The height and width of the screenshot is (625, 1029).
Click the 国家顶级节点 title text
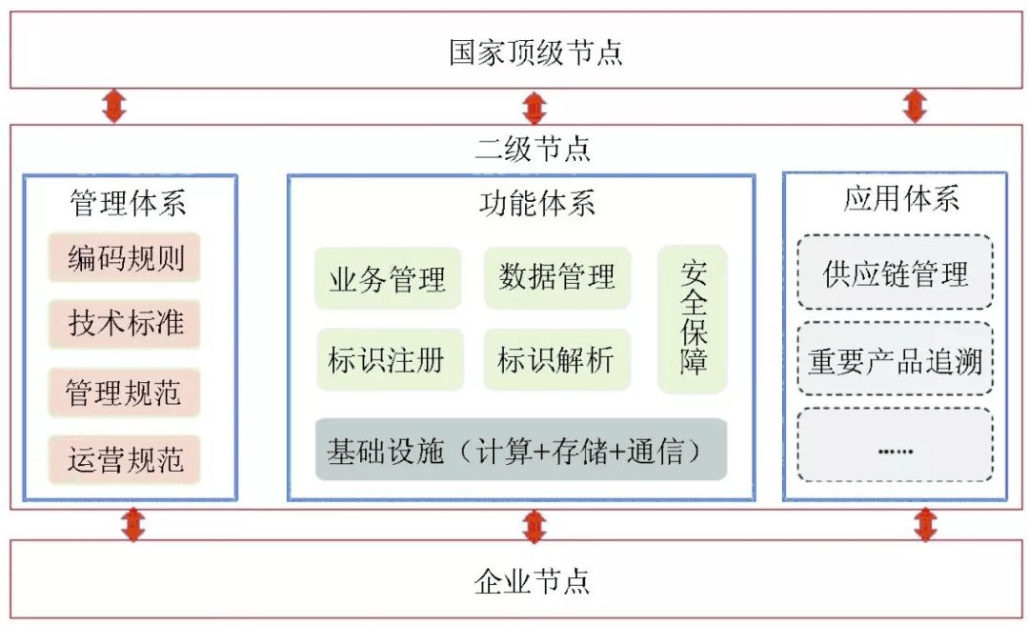click(x=535, y=51)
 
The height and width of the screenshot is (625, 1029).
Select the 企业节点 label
click(x=533, y=581)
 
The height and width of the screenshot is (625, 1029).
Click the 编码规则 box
click(x=125, y=258)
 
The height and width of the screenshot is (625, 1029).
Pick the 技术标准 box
click(x=125, y=323)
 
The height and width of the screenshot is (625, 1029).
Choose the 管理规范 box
click(x=125, y=393)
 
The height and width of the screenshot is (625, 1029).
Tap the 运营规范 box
click(x=125, y=460)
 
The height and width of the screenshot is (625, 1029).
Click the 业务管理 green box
click(x=388, y=279)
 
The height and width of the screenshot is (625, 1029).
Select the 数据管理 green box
click(x=557, y=277)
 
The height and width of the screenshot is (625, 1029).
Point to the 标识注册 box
click(x=388, y=360)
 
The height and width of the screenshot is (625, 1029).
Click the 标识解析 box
click(x=557, y=360)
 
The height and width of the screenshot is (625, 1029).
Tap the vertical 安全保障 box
click(x=693, y=319)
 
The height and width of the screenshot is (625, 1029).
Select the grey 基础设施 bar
click(x=521, y=450)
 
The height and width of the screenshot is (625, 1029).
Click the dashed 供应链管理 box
click(x=895, y=273)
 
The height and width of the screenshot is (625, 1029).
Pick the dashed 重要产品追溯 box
click(x=895, y=361)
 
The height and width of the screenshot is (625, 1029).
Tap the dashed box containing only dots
click(x=895, y=445)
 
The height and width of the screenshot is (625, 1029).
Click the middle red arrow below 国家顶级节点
click(x=535, y=107)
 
